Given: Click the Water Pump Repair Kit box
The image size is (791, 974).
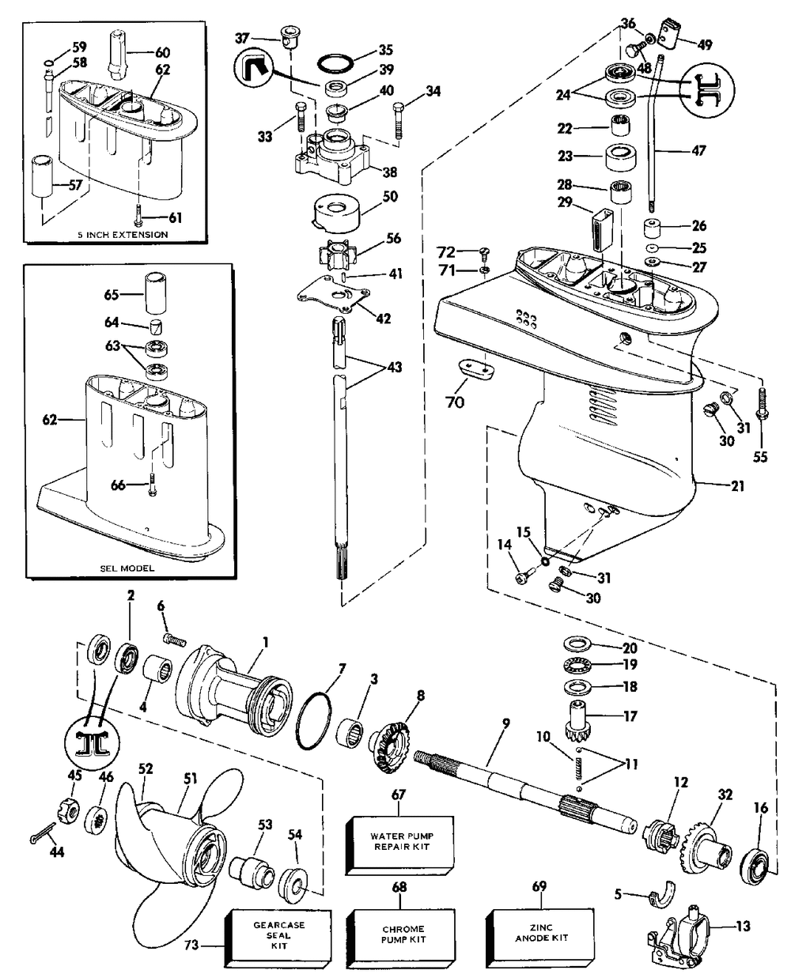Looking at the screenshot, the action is [x=399, y=845].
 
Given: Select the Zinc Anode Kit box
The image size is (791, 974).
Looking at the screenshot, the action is [x=540, y=934].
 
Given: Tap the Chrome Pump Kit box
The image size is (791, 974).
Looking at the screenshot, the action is [x=401, y=936].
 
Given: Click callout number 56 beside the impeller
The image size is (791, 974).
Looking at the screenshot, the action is [x=393, y=239].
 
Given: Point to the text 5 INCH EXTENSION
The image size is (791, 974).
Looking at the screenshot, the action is [x=122, y=235].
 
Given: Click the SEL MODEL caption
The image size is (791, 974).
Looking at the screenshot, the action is [x=127, y=568].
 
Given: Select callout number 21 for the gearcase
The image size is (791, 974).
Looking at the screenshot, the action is [x=737, y=486].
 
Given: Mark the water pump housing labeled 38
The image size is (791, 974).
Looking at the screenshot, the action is [x=338, y=158].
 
